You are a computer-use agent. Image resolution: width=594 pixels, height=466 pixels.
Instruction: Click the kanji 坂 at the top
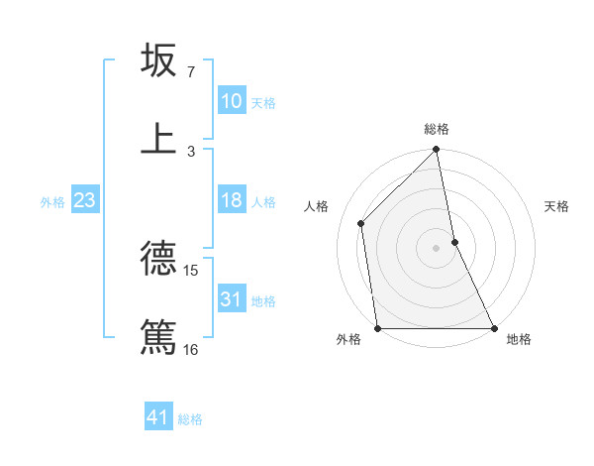click(x=159, y=60)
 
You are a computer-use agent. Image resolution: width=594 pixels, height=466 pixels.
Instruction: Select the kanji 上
click(x=159, y=138)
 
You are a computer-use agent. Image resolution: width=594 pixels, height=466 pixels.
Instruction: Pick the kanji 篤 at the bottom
click(x=159, y=336)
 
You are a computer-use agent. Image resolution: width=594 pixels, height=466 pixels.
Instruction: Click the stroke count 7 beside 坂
click(x=190, y=72)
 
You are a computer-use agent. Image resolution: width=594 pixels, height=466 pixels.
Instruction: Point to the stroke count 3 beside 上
click(x=190, y=151)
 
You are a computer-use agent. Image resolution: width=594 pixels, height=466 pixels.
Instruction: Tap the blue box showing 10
click(x=231, y=101)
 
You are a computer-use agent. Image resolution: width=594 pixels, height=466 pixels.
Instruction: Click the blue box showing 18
click(x=231, y=200)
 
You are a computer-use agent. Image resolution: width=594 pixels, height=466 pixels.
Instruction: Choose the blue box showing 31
click(x=231, y=299)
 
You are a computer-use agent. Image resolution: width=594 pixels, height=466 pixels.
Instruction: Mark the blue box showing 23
click(x=85, y=200)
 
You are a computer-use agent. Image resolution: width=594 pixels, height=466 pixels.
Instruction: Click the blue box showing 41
click(x=158, y=417)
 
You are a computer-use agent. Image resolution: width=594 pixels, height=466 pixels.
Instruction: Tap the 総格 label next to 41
click(x=190, y=419)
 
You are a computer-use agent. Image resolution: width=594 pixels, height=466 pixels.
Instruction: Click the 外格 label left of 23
click(x=52, y=202)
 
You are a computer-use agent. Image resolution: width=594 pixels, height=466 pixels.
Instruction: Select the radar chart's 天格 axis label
click(x=556, y=206)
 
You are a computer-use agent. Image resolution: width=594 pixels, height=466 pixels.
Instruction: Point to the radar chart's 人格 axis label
click(x=316, y=206)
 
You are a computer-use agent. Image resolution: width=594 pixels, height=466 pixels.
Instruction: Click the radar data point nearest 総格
click(x=437, y=151)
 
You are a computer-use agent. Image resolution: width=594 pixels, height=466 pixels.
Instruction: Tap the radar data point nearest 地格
click(x=494, y=328)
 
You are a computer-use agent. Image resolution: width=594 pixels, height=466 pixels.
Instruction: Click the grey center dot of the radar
click(x=437, y=248)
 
